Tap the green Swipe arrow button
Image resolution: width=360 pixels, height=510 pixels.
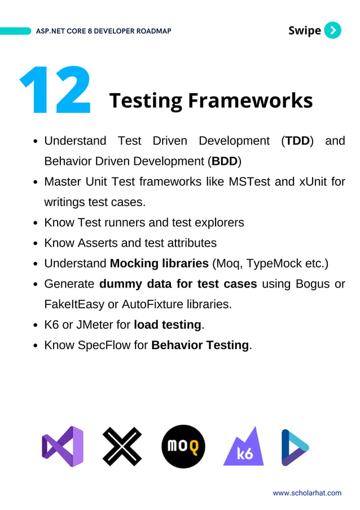pyautogui.click(x=333, y=30)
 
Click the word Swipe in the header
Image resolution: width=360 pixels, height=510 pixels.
pyautogui.click(x=304, y=30)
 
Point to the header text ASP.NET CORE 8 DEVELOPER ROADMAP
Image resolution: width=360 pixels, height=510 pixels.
pyautogui.click(x=103, y=31)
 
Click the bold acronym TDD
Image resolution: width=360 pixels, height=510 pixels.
pyautogui.click(x=297, y=141)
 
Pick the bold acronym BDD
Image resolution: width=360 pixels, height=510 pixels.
pyautogui.click(x=225, y=161)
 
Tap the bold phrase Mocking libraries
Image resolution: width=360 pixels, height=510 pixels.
pyautogui.click(x=159, y=263)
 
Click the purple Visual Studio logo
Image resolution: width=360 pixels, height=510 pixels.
pyautogui.click(x=63, y=446)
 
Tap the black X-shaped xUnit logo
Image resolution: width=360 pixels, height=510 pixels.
pyautogui.click(x=122, y=446)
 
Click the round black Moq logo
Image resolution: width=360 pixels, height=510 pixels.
pyautogui.click(x=183, y=446)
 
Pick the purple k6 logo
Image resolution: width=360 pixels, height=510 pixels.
pyautogui.click(x=243, y=446)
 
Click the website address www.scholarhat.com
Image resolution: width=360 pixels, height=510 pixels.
pyautogui.click(x=307, y=493)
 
